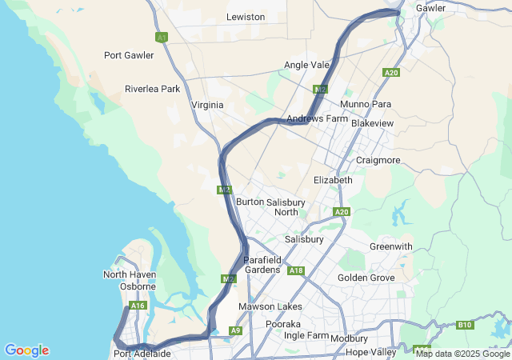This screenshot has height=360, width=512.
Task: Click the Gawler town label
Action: click(430, 8)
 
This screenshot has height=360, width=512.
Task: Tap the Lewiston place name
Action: click(246, 17)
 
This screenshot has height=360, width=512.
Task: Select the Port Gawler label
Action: click(129, 55)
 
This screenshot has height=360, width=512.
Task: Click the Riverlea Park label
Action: click(152, 89)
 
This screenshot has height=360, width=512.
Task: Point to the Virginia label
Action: click(207, 105)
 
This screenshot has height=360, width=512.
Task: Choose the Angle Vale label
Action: click(306, 65)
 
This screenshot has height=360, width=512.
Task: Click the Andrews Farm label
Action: click(317, 118)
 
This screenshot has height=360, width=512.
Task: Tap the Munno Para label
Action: click(366, 104)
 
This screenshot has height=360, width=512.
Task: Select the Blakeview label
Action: click(372, 124)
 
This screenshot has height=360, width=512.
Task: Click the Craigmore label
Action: click(378, 160)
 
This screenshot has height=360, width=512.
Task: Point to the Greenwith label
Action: click(391, 246)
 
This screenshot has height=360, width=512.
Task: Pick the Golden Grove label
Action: click(366, 278)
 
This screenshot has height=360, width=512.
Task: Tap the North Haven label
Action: click(130, 274)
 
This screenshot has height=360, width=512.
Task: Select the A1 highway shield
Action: click(162, 37)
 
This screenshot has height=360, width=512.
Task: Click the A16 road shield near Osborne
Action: click(138, 306)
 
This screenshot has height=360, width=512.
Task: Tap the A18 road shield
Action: click(296, 270)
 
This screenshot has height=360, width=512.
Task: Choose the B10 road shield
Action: click(466, 325)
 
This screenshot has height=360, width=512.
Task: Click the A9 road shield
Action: click(235, 330)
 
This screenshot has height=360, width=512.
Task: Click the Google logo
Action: click(26, 350)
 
